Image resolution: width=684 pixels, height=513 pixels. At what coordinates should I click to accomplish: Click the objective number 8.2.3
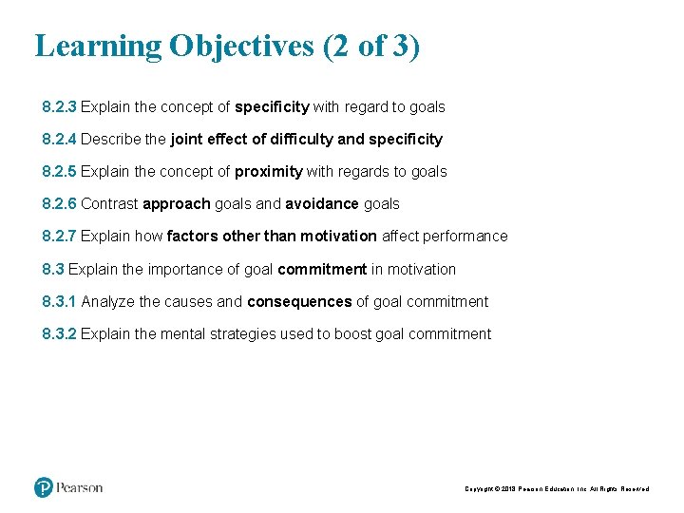(59, 107)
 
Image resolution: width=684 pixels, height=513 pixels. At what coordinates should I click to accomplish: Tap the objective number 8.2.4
(59, 140)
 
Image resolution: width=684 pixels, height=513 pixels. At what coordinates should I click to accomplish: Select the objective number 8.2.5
(59, 172)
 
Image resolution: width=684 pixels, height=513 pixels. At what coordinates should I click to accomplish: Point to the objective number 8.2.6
(59, 204)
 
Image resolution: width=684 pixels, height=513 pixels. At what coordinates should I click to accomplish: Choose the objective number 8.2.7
(59, 237)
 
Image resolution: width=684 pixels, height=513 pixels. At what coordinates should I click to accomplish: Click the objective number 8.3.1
(59, 302)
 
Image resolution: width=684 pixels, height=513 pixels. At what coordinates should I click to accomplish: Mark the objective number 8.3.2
(59, 334)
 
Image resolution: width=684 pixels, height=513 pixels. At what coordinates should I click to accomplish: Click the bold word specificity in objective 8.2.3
(272, 107)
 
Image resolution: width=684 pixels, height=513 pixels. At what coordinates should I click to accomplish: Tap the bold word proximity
(269, 172)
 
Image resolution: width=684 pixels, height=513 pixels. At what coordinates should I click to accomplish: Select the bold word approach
(176, 204)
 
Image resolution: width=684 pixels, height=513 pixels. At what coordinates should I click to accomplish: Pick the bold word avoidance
(322, 204)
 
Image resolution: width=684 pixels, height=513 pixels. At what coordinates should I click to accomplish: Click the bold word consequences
(299, 302)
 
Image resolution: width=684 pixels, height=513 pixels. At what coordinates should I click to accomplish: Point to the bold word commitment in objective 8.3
(322, 270)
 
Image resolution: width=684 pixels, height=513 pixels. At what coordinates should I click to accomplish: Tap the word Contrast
(109, 204)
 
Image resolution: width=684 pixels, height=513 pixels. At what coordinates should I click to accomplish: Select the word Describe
(111, 140)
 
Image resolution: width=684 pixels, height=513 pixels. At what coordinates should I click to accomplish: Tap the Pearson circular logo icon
(44, 487)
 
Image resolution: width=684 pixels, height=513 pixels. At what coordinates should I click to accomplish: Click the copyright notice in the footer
(557, 489)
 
